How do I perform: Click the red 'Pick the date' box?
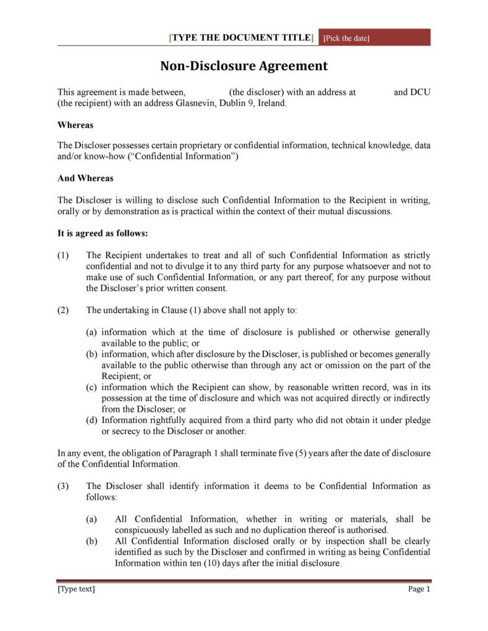(x=374, y=38)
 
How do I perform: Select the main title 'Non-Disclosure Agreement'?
(x=244, y=66)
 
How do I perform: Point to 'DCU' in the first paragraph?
(x=420, y=93)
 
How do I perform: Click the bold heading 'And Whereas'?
(x=85, y=178)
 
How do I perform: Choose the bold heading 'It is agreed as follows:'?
(x=103, y=233)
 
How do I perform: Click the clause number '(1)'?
(x=64, y=256)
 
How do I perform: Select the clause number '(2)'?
(x=64, y=310)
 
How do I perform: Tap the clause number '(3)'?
(x=64, y=486)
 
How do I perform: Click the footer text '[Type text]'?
(x=76, y=589)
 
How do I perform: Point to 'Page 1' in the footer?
(x=419, y=589)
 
